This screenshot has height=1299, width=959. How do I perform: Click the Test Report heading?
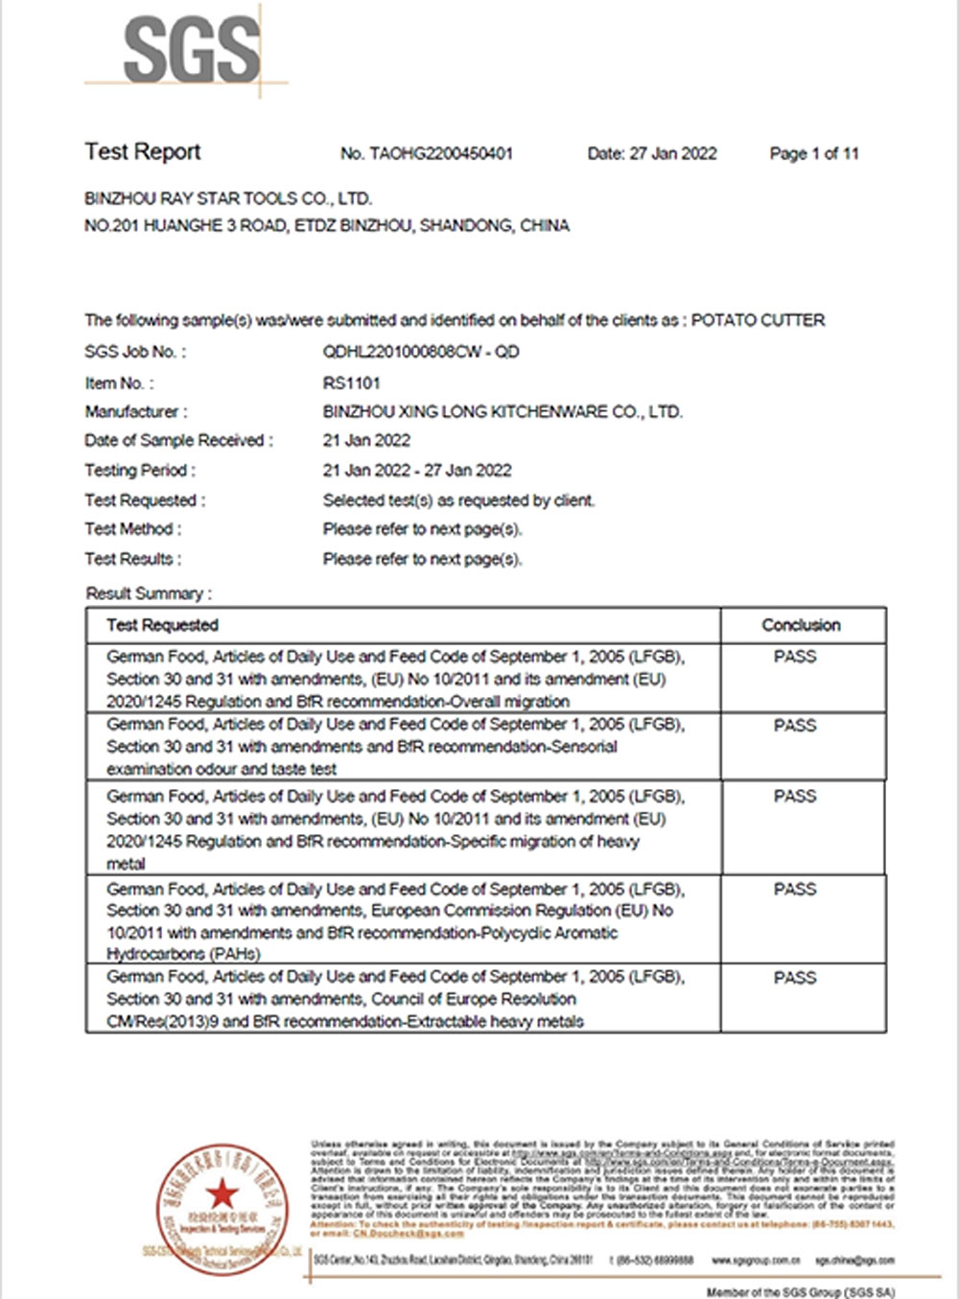tap(143, 151)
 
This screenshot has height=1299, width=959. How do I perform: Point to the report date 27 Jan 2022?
tap(673, 153)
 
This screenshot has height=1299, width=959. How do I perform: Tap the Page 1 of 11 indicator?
tap(814, 153)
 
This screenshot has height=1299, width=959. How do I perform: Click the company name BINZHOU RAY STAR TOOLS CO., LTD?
tap(228, 198)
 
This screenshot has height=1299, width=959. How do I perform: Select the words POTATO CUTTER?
tap(758, 320)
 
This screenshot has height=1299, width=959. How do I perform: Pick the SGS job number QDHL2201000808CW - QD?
tap(421, 352)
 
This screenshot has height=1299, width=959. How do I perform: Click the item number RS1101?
tap(352, 383)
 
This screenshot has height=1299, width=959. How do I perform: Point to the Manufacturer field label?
tap(136, 412)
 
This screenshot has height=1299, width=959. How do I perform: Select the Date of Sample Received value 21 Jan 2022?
tap(366, 441)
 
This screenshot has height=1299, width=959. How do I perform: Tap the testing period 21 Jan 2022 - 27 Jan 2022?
tap(417, 471)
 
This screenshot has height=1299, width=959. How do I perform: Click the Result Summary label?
tap(149, 593)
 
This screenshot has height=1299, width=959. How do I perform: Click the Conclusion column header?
tap(801, 625)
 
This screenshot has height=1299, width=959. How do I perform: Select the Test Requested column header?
tap(163, 625)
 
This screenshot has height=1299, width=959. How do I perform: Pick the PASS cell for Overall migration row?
tap(795, 657)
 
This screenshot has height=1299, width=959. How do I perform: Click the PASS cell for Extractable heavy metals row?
tap(795, 978)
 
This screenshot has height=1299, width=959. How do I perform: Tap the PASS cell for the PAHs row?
tap(795, 890)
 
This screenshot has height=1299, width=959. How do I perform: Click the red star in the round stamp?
tap(223, 1194)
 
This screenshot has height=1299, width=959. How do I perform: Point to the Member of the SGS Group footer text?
tap(801, 1292)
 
